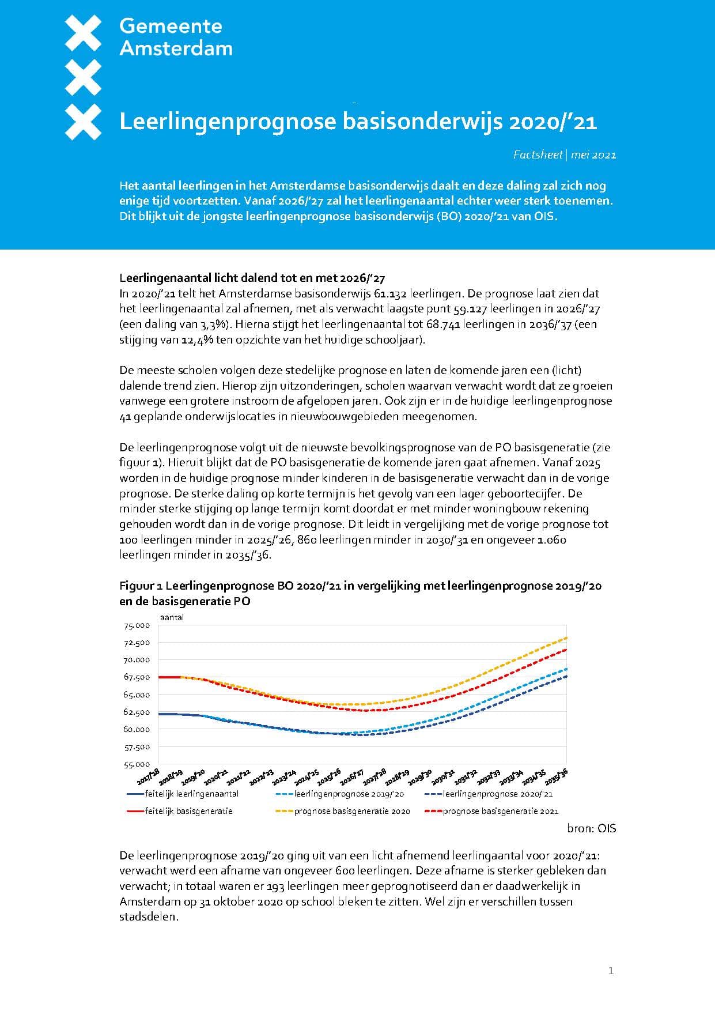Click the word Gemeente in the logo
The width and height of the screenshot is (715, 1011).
point(171,26)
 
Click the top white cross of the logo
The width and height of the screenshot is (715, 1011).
point(84,32)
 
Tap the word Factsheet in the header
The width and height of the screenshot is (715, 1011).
point(538,154)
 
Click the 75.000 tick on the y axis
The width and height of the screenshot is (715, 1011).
point(137,625)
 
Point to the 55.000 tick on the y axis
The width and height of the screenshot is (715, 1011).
point(137,764)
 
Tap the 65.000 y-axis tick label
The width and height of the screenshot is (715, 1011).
point(137,695)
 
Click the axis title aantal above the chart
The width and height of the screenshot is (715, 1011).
point(172,617)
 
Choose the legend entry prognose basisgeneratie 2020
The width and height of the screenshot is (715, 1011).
point(351,811)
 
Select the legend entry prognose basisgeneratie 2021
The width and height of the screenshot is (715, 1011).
point(500,811)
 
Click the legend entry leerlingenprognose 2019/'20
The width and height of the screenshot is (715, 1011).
point(349,794)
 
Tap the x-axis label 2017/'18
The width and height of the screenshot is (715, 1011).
point(149,778)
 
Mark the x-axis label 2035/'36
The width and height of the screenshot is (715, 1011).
point(557,777)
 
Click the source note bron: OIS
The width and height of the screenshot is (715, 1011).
point(591,828)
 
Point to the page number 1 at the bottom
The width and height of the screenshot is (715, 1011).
point(611,971)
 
